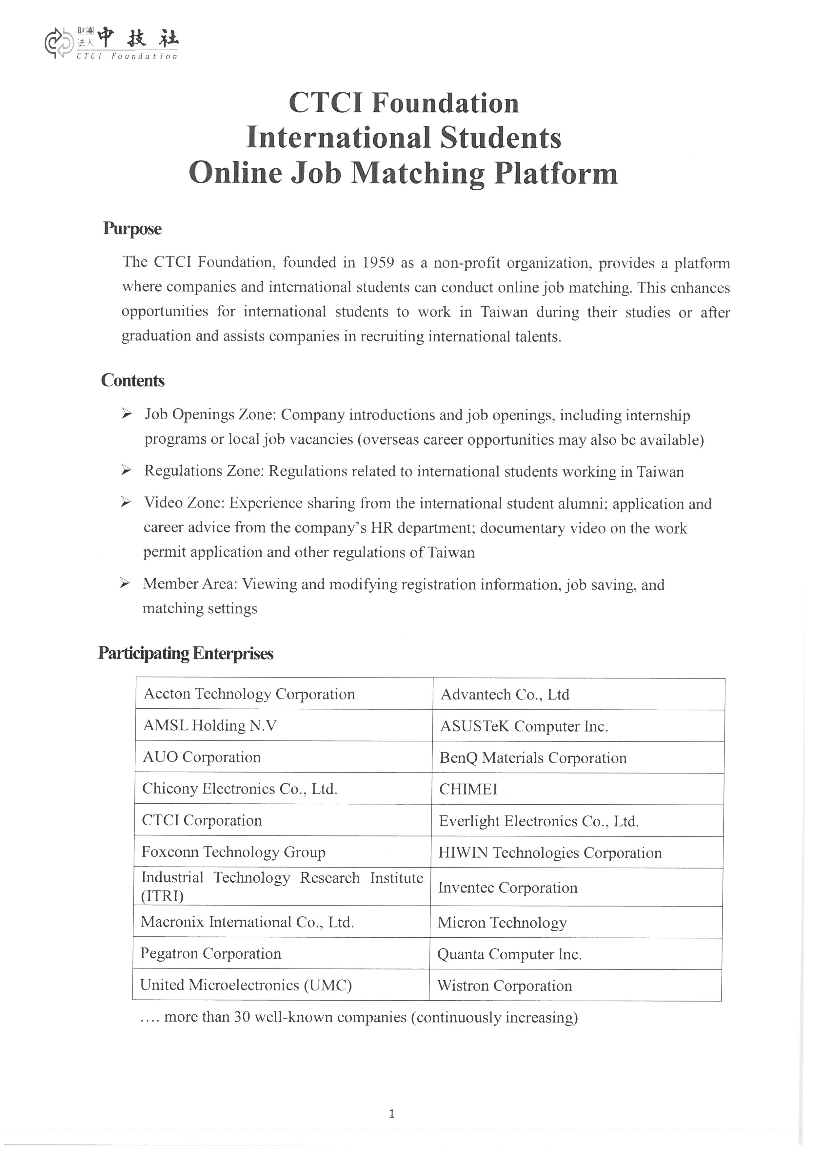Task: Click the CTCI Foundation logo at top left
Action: (x=111, y=44)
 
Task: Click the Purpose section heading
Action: (x=132, y=229)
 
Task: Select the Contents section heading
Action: (x=133, y=380)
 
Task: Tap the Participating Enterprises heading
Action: (x=186, y=653)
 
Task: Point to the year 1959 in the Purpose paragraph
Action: (x=378, y=262)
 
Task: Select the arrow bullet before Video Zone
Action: (x=126, y=502)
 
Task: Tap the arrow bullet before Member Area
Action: (x=125, y=583)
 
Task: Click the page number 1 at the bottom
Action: (x=391, y=1114)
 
